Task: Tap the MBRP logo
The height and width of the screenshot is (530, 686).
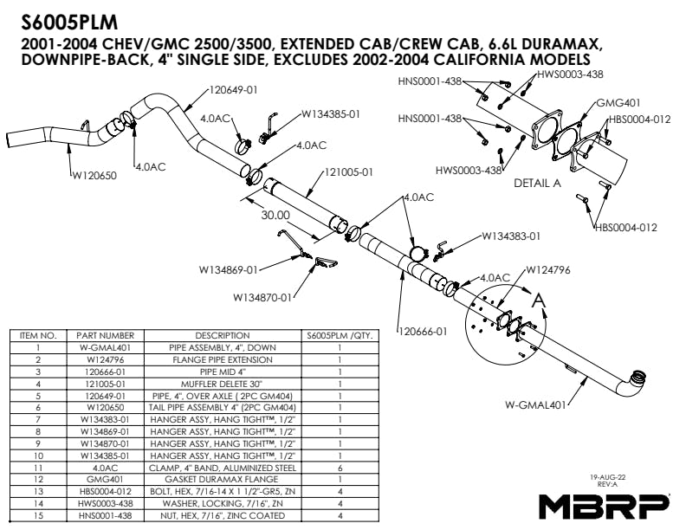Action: (x=603, y=506)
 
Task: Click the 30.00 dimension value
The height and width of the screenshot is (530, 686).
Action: (x=275, y=215)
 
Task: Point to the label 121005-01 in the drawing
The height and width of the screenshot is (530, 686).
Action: (x=346, y=172)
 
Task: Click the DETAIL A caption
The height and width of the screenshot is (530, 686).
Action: (x=537, y=184)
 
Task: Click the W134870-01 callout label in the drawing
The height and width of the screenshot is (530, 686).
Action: (x=262, y=297)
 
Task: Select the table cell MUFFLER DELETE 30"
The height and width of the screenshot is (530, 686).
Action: (x=223, y=382)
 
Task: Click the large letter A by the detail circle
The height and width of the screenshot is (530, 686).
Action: (x=539, y=301)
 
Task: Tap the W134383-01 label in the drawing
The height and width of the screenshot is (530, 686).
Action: (x=511, y=236)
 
